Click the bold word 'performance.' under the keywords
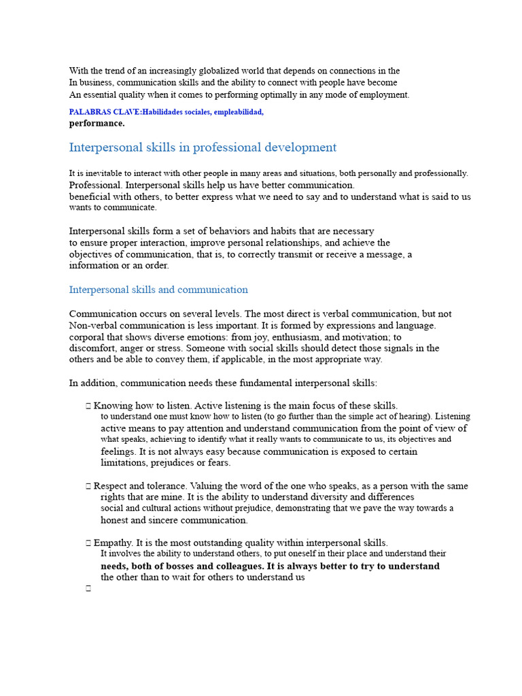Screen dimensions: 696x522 coord(97,124)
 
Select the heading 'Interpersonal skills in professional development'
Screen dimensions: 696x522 coord(203,147)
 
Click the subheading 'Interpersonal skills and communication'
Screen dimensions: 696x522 coord(158,290)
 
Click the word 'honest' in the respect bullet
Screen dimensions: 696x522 coord(115,520)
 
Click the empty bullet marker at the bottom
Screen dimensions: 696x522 coord(88,589)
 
